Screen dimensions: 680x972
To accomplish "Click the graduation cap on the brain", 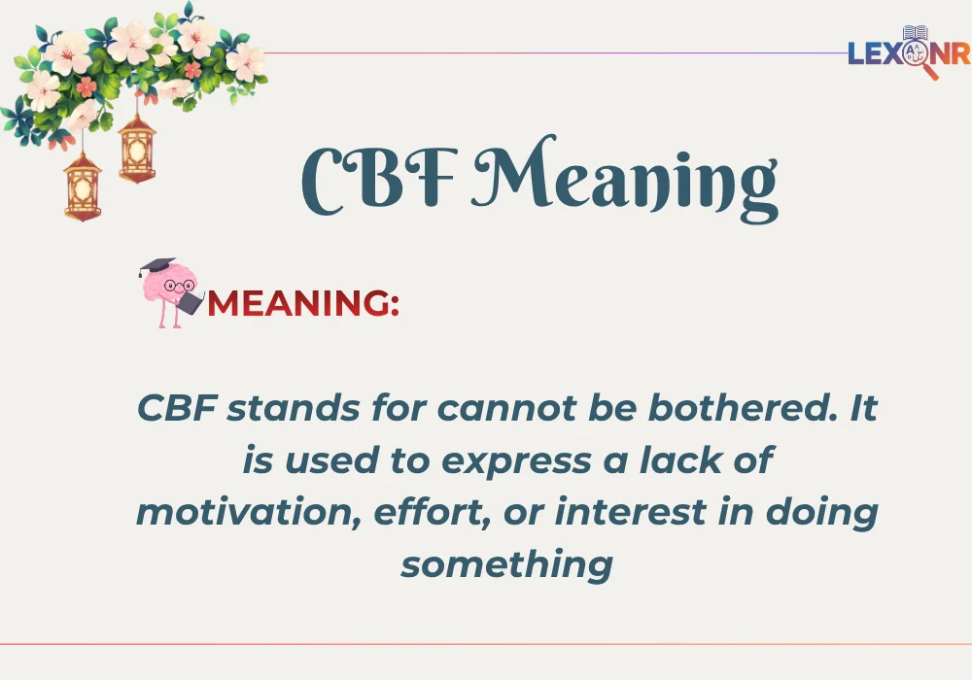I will (x=157, y=265).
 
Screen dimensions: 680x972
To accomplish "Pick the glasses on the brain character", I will (x=177, y=286).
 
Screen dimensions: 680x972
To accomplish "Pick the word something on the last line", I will (x=506, y=562).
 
